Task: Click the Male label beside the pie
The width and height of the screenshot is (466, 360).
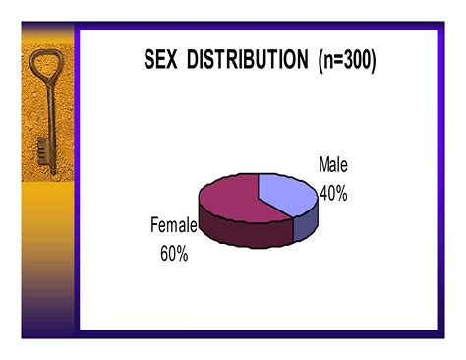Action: (x=332, y=165)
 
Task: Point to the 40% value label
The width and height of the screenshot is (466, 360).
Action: (x=333, y=193)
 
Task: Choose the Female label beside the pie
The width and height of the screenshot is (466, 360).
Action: (x=173, y=226)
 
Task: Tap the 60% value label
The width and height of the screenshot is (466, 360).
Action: (x=174, y=254)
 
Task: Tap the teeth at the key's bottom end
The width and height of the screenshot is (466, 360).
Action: (x=42, y=152)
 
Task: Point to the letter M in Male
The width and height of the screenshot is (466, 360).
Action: (x=323, y=165)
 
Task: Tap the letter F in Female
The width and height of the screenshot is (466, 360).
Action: (x=154, y=226)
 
